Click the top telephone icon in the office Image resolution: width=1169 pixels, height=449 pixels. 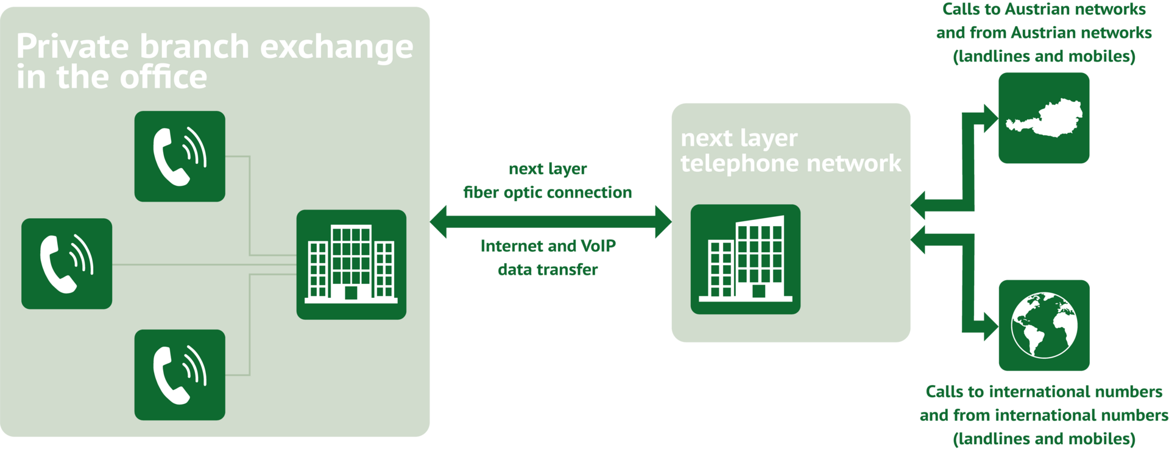click(180, 156)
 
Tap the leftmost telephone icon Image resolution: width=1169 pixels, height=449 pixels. click(66, 263)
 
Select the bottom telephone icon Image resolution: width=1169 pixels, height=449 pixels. click(180, 375)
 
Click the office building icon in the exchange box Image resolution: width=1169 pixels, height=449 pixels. click(351, 264)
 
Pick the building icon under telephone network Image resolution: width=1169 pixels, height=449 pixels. click(745, 259)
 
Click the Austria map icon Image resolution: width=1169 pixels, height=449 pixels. click(1044, 118)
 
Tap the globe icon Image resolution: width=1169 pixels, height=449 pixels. click(1044, 325)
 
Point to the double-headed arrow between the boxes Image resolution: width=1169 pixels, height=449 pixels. click(551, 221)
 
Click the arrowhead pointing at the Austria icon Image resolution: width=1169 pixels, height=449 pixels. click(989, 118)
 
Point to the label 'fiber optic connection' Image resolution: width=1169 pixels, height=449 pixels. click(547, 193)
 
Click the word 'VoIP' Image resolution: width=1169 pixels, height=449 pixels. click(598, 246)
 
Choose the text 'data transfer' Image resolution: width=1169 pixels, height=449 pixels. click(548, 269)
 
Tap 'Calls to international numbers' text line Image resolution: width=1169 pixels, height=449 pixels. click(1044, 391)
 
